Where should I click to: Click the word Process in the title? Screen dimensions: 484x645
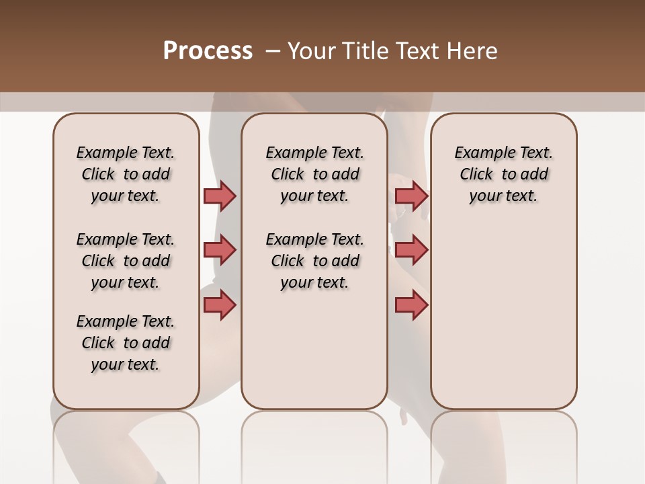point(208,51)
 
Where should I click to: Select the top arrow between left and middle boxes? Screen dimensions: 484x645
point(220,196)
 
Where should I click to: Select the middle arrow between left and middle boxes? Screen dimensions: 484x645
point(220,250)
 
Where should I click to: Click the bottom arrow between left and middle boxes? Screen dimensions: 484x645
point(220,305)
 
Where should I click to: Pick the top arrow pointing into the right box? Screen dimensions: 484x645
point(411,196)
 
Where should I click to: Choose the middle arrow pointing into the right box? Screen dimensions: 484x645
point(411,250)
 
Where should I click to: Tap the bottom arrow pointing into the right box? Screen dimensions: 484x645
point(411,305)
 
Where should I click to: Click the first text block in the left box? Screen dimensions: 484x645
point(126,174)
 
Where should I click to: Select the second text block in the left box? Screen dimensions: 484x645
point(126,261)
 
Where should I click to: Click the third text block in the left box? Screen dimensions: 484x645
point(126,343)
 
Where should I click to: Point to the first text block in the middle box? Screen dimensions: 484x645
point(314,174)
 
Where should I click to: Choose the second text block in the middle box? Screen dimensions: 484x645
point(314,261)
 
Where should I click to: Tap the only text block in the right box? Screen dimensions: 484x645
point(503,174)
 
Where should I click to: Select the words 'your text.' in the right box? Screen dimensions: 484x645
point(503,196)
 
